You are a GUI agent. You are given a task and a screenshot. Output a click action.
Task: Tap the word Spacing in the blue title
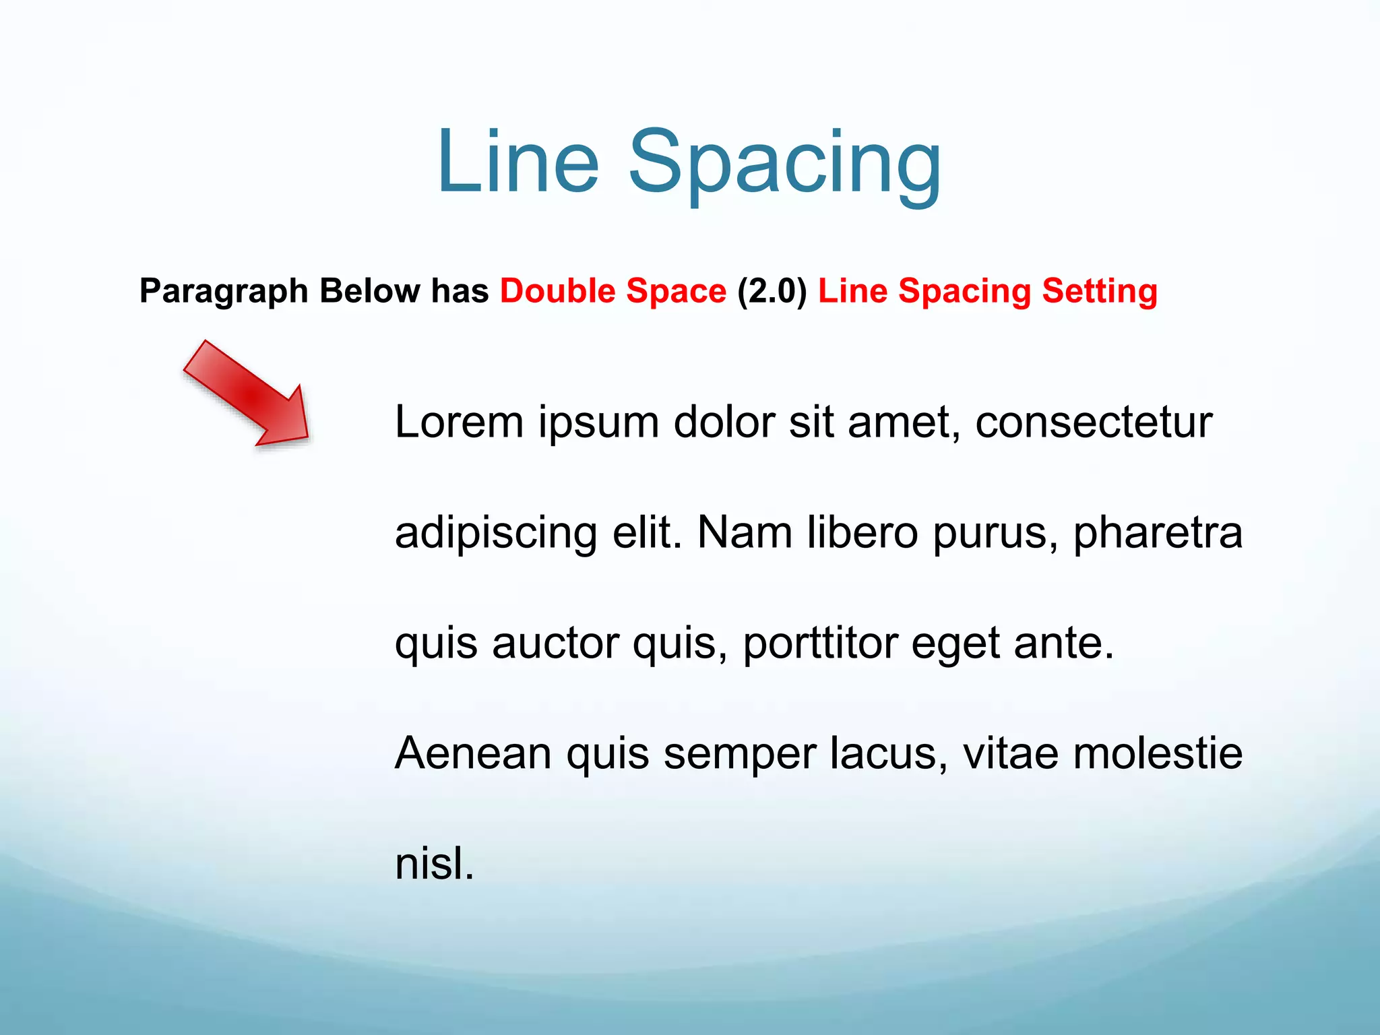click(x=784, y=165)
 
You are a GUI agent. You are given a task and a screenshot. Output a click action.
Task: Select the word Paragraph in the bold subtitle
click(x=224, y=292)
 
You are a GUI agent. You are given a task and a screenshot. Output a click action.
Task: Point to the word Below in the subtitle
click(x=369, y=290)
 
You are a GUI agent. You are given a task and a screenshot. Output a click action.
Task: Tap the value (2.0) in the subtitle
click(x=772, y=291)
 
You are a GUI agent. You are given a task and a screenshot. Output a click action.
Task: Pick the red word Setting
click(x=1100, y=292)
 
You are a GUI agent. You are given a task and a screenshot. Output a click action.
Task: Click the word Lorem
click(x=459, y=422)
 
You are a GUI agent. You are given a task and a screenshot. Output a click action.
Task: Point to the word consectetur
click(x=1094, y=422)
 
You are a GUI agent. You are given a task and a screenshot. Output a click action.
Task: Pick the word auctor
click(x=555, y=644)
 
